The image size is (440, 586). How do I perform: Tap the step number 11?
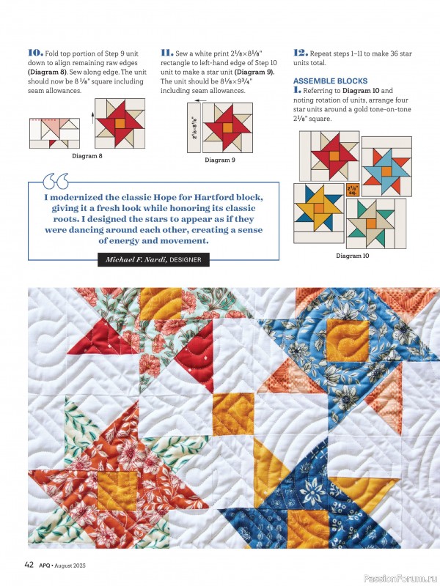(x=166, y=53)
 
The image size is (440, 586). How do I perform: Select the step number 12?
(x=300, y=53)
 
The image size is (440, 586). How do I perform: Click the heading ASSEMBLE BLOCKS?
(x=330, y=81)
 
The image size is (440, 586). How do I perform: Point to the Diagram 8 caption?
(x=87, y=156)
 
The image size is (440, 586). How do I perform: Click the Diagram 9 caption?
(x=220, y=160)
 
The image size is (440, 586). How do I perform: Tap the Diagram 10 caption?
(x=353, y=256)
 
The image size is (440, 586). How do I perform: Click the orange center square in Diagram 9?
(x=228, y=127)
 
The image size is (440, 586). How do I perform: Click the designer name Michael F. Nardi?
(x=136, y=259)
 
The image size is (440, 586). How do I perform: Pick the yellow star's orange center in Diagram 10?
(x=319, y=209)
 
